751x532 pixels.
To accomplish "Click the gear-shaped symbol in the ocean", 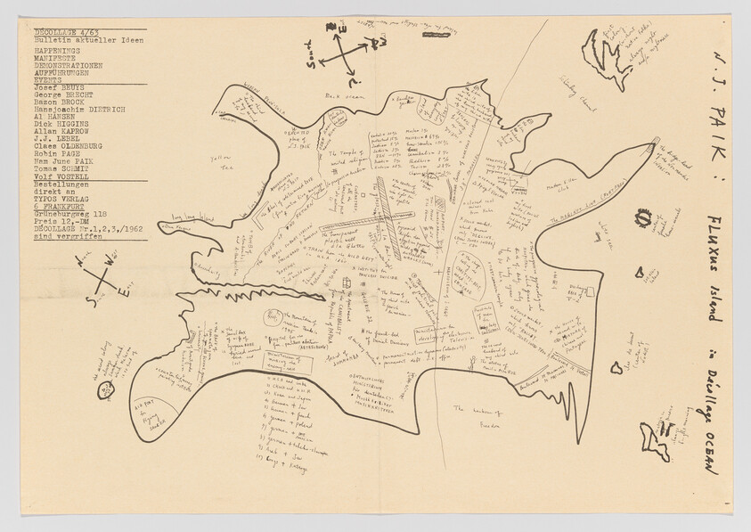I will (642, 218).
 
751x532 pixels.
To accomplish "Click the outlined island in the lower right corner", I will (655, 440).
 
